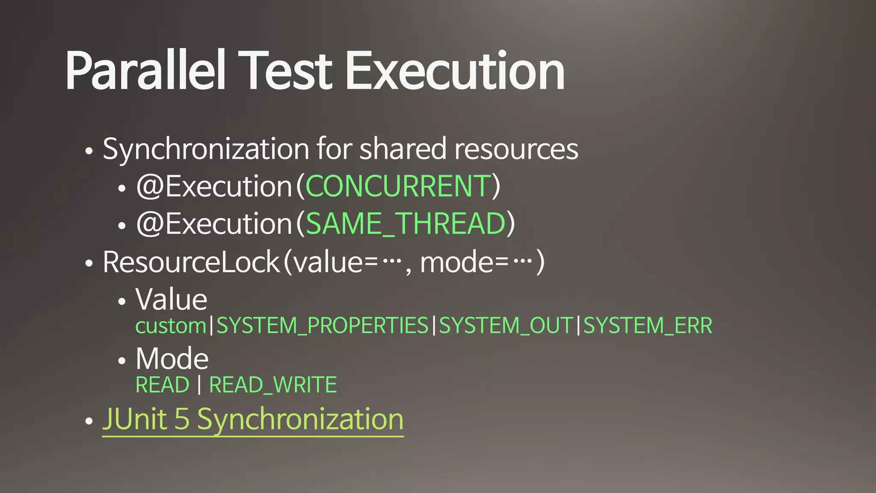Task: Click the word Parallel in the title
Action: (x=145, y=71)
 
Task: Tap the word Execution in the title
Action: (x=455, y=71)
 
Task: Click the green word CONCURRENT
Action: (x=398, y=186)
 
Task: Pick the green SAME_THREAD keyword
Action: (x=405, y=223)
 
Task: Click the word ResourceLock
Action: (x=191, y=262)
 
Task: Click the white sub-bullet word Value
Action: (x=172, y=299)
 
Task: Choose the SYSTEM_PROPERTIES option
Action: (x=323, y=326)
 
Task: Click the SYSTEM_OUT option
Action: (x=506, y=326)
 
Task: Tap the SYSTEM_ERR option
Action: (x=648, y=326)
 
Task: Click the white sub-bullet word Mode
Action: (x=172, y=359)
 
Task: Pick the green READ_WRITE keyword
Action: (x=273, y=385)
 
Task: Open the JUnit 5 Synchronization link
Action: (x=253, y=419)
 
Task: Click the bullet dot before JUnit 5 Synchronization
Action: (x=89, y=421)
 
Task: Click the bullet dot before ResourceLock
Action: (x=89, y=264)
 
